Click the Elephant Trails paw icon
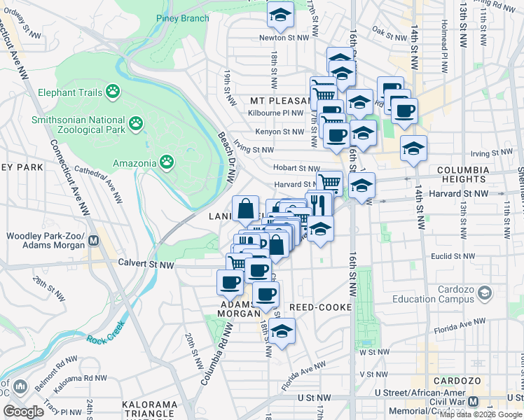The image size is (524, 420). tap(113, 91)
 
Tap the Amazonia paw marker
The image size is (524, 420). tap(166, 163)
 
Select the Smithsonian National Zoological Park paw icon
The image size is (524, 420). tap(136, 125)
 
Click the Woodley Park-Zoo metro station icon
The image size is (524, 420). tap(93, 242)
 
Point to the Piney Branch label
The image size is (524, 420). tap(183, 18)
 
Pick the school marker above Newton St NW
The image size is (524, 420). tap(280, 15)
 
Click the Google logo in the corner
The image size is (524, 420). tap(23, 412)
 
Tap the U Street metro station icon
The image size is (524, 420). tap(474, 402)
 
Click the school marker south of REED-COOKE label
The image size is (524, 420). tap(282, 332)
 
